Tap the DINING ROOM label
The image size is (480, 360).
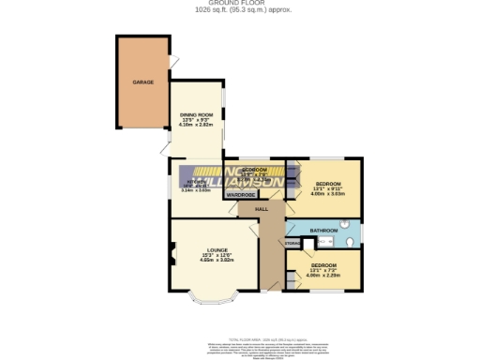197,114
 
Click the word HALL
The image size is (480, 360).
262,209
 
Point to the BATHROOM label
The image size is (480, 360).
324,230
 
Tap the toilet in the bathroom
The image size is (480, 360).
349,242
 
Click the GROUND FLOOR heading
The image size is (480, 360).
239,4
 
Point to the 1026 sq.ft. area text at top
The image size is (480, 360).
239,10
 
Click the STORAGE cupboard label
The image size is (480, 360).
292,244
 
